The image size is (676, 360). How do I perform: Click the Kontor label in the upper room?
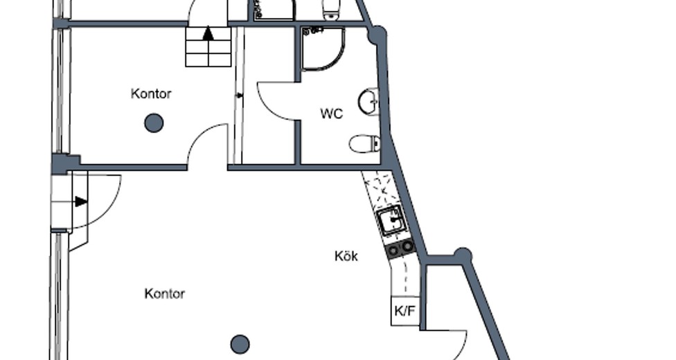(151, 93)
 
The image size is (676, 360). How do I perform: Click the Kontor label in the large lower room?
(165, 294)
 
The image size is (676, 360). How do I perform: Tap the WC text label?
(332, 114)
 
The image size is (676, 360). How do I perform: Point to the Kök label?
(346, 256)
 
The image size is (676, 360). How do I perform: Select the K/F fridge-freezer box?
(405, 311)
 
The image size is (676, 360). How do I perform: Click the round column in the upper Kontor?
(154, 123)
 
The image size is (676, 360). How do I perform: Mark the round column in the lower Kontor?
(240, 344)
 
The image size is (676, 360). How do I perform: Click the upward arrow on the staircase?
(208, 33)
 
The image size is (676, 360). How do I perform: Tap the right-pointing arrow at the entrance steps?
(81, 201)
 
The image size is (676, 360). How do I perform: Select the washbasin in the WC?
(368, 102)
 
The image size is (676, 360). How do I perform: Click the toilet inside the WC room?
(365, 143)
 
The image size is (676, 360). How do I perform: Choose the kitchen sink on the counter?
(392, 220)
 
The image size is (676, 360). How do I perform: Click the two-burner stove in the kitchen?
(400, 249)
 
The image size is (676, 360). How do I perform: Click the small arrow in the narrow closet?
(239, 96)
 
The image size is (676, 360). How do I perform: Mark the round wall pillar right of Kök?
(463, 255)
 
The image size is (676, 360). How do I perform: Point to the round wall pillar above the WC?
(377, 35)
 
